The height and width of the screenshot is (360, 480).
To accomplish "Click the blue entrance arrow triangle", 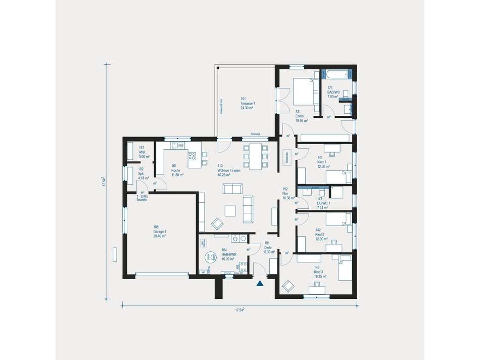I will [260, 284].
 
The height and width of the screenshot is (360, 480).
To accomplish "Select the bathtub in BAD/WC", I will [338, 75].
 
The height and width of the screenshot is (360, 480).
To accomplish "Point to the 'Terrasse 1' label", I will [247, 103].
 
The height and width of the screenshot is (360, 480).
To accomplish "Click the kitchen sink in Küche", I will [177, 145].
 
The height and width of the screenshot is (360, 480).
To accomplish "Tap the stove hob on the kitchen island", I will [192, 155].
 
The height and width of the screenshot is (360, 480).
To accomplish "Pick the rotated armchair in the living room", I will [217, 223].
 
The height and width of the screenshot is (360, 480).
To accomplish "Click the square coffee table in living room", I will [231, 210].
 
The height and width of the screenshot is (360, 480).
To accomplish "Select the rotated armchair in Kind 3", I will [288, 286].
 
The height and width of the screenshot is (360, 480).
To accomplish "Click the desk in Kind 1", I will [332, 149].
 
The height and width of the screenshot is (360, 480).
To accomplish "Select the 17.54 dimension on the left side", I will [103, 182].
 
